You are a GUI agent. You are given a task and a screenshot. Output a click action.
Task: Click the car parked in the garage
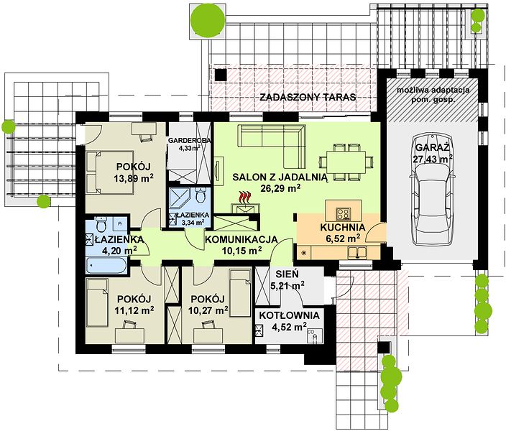(x=432, y=190)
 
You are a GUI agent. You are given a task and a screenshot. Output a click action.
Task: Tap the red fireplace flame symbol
(x=245, y=197)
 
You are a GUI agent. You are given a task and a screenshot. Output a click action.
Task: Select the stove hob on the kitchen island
(x=343, y=213)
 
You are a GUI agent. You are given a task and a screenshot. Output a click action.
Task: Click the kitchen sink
(x=357, y=252)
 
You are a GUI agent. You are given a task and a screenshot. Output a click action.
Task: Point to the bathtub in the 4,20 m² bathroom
(x=106, y=265)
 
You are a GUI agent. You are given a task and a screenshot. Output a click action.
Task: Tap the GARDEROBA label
(x=190, y=140)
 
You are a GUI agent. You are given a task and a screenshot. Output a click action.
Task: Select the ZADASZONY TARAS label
(x=308, y=97)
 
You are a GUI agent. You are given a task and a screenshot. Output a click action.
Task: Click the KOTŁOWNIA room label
(x=289, y=315)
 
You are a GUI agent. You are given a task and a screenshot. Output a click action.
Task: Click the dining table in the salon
(x=346, y=162)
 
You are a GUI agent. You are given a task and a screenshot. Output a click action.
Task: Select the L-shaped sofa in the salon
(x=272, y=146)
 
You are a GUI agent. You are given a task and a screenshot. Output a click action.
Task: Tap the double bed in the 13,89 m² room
(x=110, y=172)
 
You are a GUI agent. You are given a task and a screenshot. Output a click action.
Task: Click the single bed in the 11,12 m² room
(x=97, y=303)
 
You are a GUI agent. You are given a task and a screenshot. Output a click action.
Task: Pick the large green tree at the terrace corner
(x=208, y=19)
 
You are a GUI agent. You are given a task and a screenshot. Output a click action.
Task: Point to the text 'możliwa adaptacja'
(x=433, y=90)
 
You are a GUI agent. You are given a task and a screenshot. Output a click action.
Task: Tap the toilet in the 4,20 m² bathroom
(x=101, y=225)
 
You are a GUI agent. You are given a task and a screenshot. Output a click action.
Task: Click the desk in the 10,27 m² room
(x=208, y=335)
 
